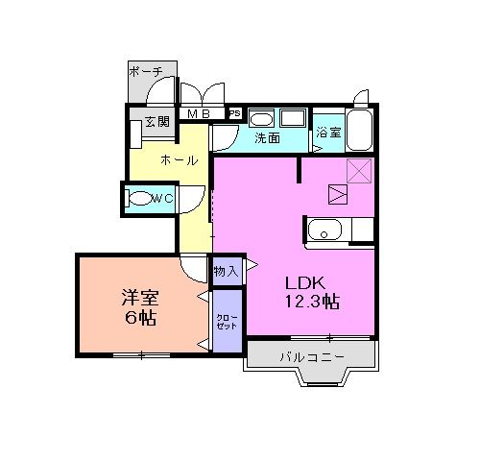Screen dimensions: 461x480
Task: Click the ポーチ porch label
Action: coord(152,71)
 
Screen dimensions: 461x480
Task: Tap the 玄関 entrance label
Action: coord(156,121)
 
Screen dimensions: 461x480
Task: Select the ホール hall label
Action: coord(180,160)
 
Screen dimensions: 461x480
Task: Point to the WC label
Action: coord(163,199)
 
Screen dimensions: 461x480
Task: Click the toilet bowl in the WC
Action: coord(142,200)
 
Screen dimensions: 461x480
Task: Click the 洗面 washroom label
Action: coord(267,138)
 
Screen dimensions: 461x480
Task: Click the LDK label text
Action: coord(305,282)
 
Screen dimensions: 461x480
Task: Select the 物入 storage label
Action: coord(227,272)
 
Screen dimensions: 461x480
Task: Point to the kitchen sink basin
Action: coord(324,230)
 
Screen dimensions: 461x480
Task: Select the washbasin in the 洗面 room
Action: coord(262,119)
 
